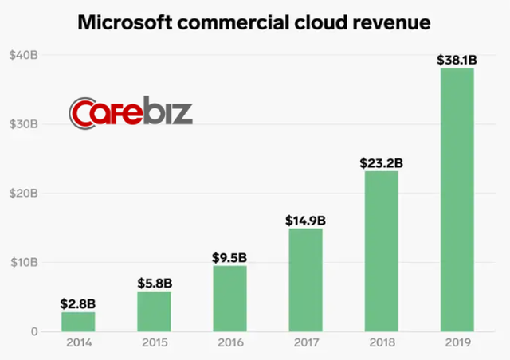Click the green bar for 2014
[78, 322]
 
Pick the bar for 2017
[305, 280]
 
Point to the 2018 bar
[381, 251]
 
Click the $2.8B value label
[78, 303]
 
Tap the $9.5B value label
[229, 256]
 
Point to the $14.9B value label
[305, 220]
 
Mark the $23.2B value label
[381, 162]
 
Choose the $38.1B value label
[457, 60]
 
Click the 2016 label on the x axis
[229, 343]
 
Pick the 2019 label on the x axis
[457, 343]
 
